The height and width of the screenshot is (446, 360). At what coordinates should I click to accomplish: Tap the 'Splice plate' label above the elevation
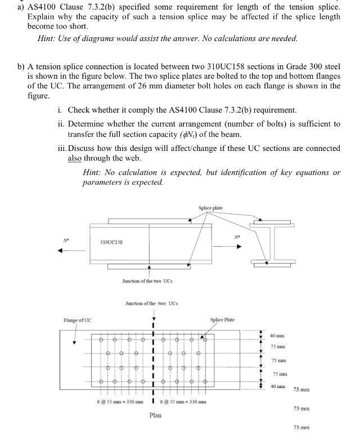(211, 208)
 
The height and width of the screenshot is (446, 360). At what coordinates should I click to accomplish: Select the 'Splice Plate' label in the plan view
(222, 320)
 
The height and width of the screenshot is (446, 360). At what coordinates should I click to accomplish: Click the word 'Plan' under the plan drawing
(156, 415)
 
